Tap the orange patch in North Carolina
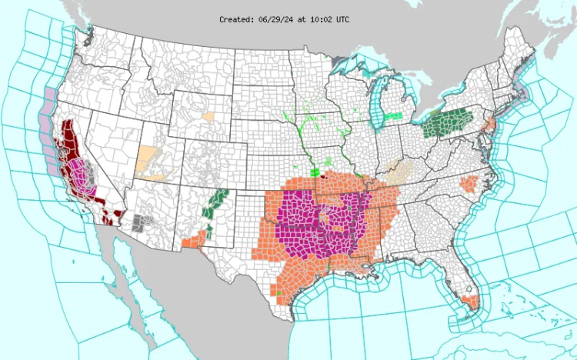pyautogui.click(x=469, y=184)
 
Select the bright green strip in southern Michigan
pyautogui.click(x=393, y=115)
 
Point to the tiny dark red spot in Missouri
pyautogui.click(x=323, y=175)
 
